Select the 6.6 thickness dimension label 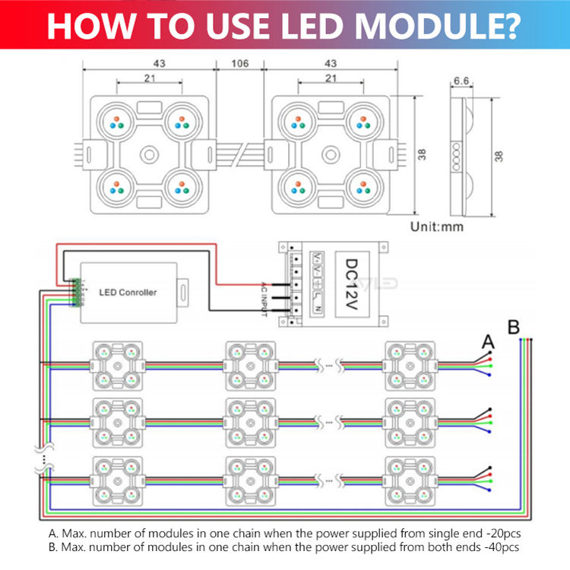(461, 80)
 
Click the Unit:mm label (437, 226)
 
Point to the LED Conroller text (128, 292)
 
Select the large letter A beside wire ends (487, 344)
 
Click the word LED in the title (317, 25)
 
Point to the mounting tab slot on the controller (184, 290)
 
